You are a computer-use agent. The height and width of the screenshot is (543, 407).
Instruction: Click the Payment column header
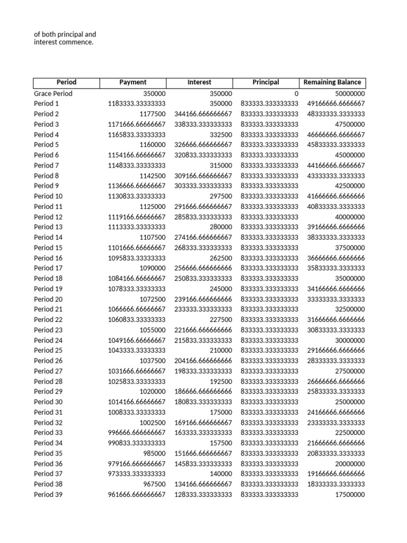[133, 82]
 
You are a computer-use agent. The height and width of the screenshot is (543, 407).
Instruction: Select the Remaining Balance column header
[332, 82]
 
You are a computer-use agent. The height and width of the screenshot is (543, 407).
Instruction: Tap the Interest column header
[199, 82]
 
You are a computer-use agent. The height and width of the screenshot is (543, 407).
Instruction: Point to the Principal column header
[266, 82]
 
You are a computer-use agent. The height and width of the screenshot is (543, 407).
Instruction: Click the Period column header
[66, 82]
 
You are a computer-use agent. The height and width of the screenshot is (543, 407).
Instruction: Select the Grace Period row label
[53, 93]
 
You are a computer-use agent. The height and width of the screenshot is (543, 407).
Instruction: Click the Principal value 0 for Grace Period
[296, 93]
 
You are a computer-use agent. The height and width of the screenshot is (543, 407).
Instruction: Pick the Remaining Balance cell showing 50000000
[347, 93]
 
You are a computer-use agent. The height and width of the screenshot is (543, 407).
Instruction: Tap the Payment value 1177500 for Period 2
[153, 114]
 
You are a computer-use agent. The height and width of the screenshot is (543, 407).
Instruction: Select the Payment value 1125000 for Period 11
[153, 206]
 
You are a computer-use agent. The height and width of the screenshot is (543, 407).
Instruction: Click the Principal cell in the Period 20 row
[270, 299]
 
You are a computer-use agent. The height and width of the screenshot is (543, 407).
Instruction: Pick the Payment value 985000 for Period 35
[154, 453]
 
